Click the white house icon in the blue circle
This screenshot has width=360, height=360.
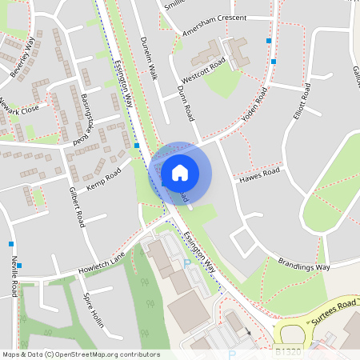tap(180, 172)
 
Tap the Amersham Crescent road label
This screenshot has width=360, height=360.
tap(226, 18)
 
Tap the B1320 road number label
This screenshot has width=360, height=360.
tap(289, 351)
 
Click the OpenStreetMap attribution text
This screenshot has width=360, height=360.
tap(80, 354)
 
